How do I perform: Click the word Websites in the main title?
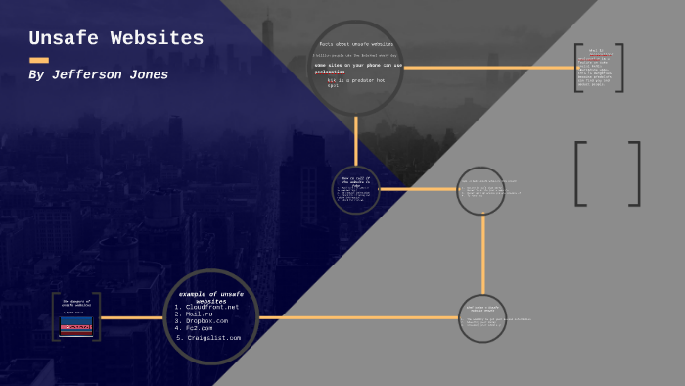coord(157,39)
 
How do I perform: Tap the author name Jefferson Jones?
coord(98,74)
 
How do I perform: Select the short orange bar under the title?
coord(39,60)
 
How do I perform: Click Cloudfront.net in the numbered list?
coord(211,307)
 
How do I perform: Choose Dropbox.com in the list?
coord(206,321)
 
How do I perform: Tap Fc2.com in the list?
coord(200,328)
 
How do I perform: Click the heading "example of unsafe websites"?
coord(210,297)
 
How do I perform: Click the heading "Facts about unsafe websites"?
coord(356,44)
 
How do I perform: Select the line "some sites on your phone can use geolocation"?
coord(356,68)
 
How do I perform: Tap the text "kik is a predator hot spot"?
coord(356,83)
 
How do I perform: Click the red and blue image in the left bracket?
coord(76,326)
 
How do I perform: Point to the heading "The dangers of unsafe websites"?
coord(76,304)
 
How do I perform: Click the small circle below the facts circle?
coord(356,189)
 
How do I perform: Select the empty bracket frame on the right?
coord(607,173)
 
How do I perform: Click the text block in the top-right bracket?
coord(599,68)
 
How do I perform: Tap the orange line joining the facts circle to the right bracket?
coord(489,68)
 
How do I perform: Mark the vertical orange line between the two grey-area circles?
coord(482,255)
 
